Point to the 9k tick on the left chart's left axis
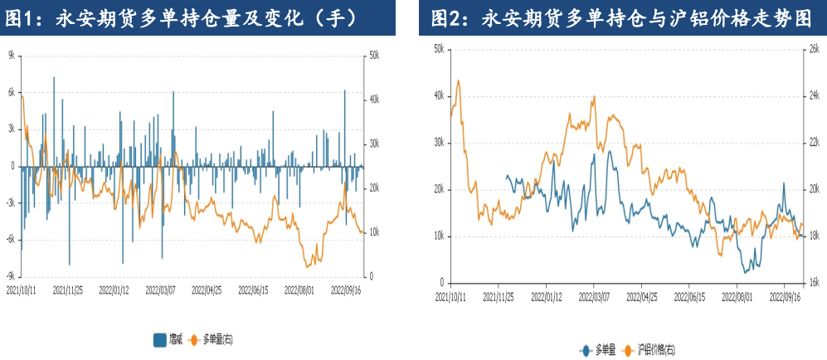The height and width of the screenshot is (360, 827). (12, 55)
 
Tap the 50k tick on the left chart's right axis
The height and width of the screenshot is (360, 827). (373, 55)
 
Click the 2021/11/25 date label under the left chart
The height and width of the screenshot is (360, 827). (69, 291)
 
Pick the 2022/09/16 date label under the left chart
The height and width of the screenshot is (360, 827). (348, 291)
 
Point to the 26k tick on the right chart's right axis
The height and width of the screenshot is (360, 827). (813, 49)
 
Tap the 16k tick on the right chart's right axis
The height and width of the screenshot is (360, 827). (813, 283)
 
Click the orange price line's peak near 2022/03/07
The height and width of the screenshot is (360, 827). (594, 96)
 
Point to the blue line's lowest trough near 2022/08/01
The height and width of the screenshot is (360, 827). (745, 272)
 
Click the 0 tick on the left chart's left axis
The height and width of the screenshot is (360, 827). (13, 166)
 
